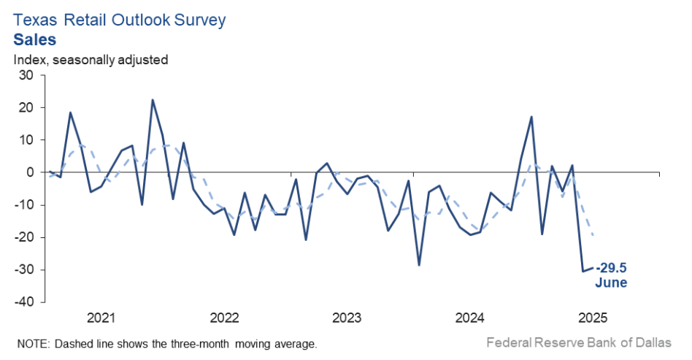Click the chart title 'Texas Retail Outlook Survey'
[120, 20]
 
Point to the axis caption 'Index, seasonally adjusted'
[91, 59]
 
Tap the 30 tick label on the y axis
[26, 75]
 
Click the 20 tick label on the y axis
[26, 107]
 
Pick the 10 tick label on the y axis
[26, 139]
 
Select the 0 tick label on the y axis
[29, 172]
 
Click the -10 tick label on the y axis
[23, 204]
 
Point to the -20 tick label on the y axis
[23, 237]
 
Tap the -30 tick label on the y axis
[23, 269]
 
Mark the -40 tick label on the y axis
[23, 302]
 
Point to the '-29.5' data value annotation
[612, 268]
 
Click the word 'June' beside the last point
[612, 283]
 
